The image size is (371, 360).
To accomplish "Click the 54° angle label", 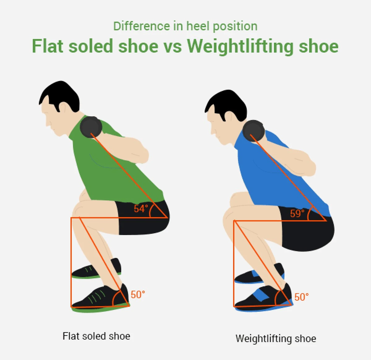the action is pyautogui.click(x=141, y=208).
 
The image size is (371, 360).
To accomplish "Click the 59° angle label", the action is pyautogui.click(x=297, y=214).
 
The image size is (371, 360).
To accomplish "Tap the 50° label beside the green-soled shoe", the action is pyautogui.click(x=138, y=295).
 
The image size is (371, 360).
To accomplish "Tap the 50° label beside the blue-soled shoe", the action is pyautogui.click(x=301, y=297).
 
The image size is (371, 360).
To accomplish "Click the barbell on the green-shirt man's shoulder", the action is pyautogui.click(x=91, y=127).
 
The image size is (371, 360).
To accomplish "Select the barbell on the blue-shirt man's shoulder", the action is pyautogui.click(x=254, y=131).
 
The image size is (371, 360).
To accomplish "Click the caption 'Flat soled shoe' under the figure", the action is pyautogui.click(x=96, y=336).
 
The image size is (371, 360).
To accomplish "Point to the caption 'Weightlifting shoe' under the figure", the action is pyautogui.click(x=276, y=339).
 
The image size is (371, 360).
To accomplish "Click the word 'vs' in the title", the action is pyautogui.click(x=173, y=46).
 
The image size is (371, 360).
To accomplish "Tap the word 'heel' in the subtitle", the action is pyautogui.click(x=198, y=26).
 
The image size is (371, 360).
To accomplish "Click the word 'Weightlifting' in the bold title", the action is pyautogui.click(x=240, y=46).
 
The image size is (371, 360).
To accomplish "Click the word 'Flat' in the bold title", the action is pyautogui.click(x=48, y=46).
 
